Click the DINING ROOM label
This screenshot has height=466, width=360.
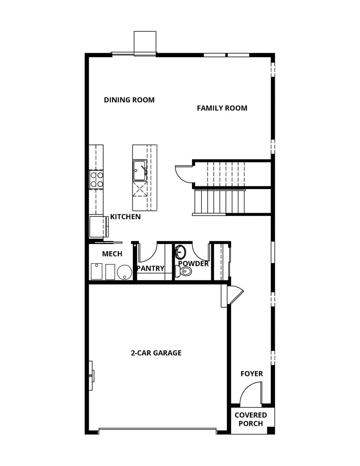[129, 100]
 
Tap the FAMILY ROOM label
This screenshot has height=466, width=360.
[222, 108]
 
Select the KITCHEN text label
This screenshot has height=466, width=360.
[126, 217]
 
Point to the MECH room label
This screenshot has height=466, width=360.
[112, 254]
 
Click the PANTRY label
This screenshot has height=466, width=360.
[150, 268]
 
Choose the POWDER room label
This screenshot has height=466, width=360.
[194, 264]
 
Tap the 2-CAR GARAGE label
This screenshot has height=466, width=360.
[156, 353]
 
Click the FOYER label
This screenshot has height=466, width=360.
[252, 374]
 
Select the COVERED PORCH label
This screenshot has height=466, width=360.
[251, 420]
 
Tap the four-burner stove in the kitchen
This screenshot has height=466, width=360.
[96, 179]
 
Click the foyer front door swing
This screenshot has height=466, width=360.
[251, 394]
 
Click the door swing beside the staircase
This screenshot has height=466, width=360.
[183, 173]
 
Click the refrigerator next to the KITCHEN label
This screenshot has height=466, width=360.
[97, 227]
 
